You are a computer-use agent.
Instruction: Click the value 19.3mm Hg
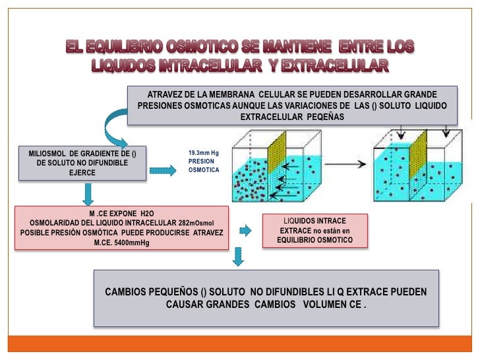click(203, 152)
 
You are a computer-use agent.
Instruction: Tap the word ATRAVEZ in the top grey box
click(169, 94)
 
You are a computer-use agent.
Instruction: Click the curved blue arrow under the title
click(114, 129)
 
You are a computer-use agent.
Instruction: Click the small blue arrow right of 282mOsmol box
click(245, 230)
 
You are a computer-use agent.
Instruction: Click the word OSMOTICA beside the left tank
click(203, 169)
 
